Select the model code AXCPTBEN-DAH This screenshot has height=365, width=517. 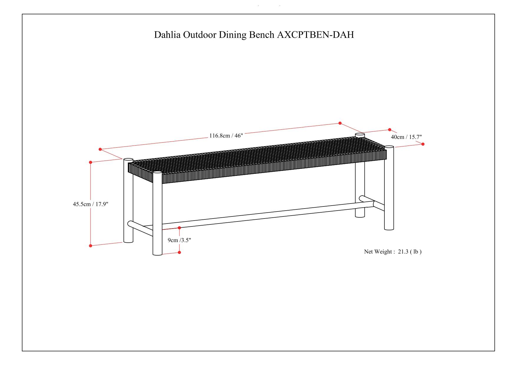tap(315, 35)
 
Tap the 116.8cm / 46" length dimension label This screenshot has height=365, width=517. tap(226, 136)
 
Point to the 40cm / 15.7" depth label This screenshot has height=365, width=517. tap(406, 137)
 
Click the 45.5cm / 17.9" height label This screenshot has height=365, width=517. tap(90, 204)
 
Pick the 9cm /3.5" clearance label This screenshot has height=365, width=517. tap(179, 240)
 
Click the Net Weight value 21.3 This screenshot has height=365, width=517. tap(403, 251)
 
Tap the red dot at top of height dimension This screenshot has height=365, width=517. tap(90, 162)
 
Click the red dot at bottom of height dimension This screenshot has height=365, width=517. tap(90, 246)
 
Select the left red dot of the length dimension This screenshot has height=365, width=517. tap(100, 149)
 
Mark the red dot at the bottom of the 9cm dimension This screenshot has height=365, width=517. tap(179, 252)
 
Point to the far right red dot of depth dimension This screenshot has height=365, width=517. tap(423, 144)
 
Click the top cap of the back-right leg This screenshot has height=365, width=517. tap(360, 135)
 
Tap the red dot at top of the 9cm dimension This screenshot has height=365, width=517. tap(179, 228)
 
